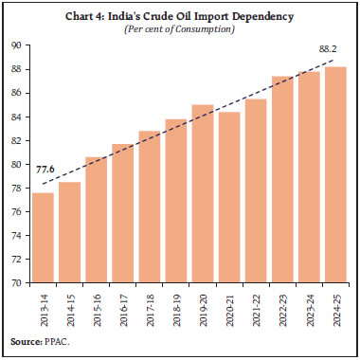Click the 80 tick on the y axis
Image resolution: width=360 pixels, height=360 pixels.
tap(17, 164)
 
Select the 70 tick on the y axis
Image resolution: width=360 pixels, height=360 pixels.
tap(17, 282)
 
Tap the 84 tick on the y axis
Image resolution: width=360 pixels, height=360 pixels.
tap(17, 117)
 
